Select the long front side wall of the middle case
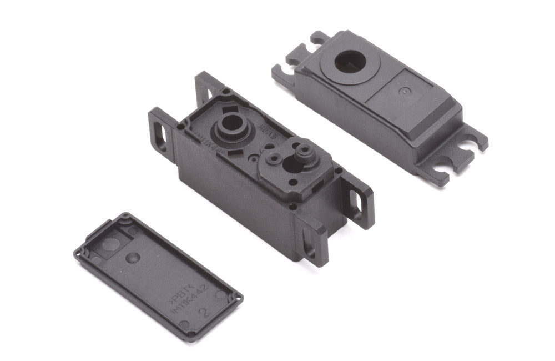233,205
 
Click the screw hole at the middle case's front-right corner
292,207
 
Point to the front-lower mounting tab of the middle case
311,239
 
